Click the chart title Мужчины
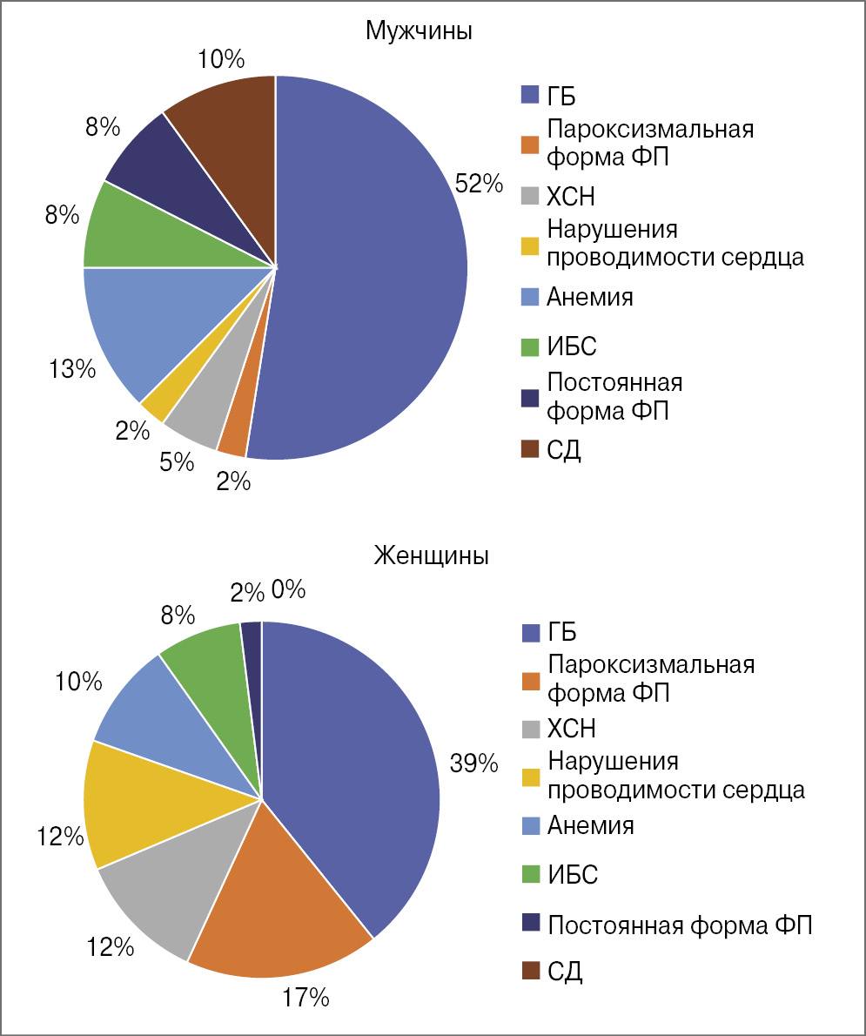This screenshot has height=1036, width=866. (x=419, y=32)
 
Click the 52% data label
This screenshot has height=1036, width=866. (x=479, y=184)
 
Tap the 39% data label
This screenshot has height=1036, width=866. (x=473, y=764)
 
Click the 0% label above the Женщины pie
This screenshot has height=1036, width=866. (x=287, y=590)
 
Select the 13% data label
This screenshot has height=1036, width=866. (x=71, y=369)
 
